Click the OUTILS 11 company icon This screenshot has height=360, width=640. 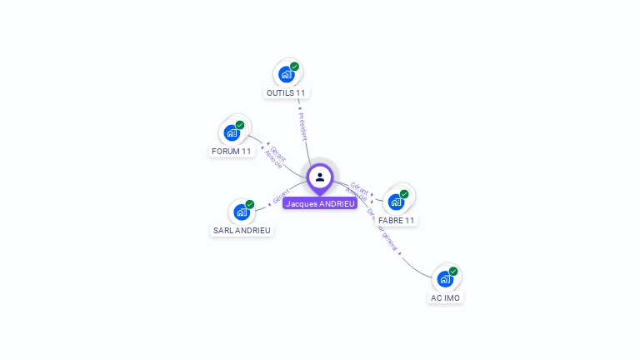287,74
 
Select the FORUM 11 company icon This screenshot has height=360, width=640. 232,132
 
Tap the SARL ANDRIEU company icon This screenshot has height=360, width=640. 242,212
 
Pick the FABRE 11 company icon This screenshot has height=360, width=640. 396,202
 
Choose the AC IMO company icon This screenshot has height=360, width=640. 445,278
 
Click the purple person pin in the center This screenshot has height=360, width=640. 320,177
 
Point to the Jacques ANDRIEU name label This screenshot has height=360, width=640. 320,203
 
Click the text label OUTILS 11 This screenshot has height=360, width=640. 287,92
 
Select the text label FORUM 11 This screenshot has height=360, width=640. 232,152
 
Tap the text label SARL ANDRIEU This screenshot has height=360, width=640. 242,230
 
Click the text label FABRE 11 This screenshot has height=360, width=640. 396,221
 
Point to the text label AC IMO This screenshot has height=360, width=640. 445,297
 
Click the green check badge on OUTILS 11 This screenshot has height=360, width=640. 294,67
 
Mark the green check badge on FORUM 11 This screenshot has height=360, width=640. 240,125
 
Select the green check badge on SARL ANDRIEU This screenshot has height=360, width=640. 249,204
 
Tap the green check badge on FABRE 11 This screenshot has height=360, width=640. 404,194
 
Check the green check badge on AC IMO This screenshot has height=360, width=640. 453,271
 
